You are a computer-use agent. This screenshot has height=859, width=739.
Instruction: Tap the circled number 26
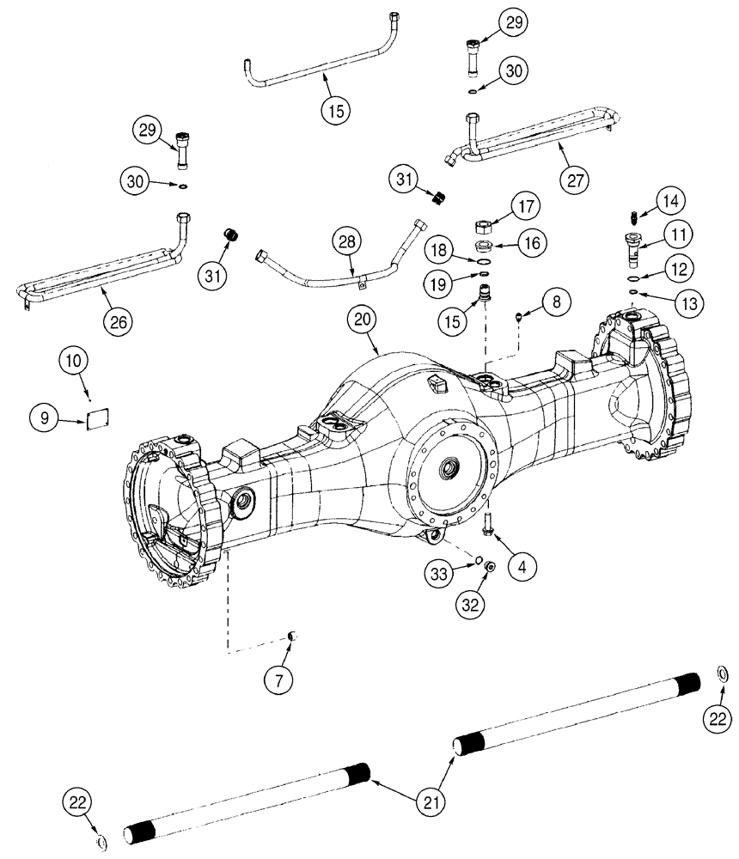click(x=120, y=322)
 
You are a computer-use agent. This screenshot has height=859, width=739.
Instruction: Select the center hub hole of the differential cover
click(x=448, y=470)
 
